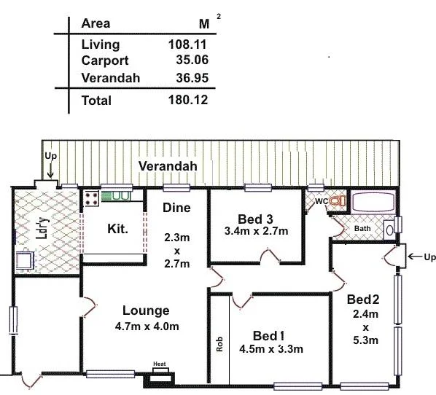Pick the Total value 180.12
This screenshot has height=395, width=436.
[x=187, y=100]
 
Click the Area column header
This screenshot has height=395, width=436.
[x=96, y=23]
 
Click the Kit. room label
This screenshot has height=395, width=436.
[x=117, y=229]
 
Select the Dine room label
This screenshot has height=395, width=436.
[x=176, y=208]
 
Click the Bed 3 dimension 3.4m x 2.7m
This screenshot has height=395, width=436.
[x=257, y=232]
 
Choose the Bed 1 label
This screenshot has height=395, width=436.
[x=268, y=335]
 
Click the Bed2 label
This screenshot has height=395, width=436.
[x=364, y=299]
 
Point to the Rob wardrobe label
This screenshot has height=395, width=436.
[x=219, y=344]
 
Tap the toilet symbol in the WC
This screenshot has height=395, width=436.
[x=336, y=200]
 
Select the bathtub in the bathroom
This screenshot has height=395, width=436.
[x=373, y=202]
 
